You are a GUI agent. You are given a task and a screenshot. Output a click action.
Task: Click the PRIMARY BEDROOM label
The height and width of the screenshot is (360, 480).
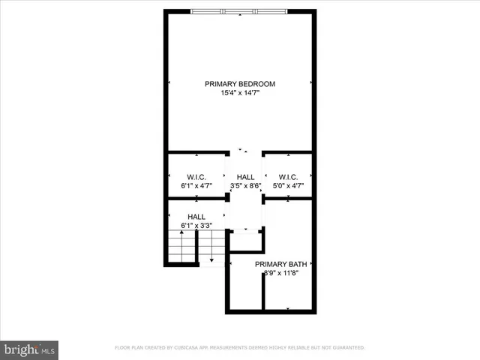[240, 83]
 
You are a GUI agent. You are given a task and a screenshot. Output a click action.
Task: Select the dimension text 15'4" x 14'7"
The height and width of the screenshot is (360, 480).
[240, 93]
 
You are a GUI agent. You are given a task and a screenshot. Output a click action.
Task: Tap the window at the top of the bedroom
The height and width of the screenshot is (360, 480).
[238, 11]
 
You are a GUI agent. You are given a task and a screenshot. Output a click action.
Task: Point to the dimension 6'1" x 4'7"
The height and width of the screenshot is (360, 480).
[196, 185]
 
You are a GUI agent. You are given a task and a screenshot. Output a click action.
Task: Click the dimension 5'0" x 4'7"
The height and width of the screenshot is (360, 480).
[288, 185]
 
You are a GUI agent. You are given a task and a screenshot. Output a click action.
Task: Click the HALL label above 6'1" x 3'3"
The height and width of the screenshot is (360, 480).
[196, 216]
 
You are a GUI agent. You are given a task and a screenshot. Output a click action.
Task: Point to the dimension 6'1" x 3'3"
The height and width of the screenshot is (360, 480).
[196, 225]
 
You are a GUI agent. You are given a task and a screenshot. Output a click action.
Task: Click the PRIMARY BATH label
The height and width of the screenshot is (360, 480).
[280, 264]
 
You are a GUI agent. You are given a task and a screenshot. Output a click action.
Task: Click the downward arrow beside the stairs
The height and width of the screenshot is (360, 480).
[211, 259]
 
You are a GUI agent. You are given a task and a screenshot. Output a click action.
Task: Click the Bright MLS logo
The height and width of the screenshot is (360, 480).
[30, 349]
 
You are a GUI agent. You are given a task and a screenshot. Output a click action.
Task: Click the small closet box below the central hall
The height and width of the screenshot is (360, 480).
[245, 241]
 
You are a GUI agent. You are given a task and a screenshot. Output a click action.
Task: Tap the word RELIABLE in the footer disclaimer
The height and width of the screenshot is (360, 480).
[289, 348]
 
